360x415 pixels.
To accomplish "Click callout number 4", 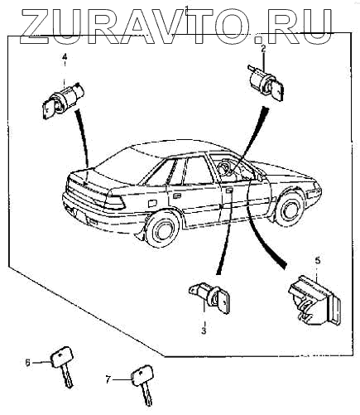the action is tap(65, 57).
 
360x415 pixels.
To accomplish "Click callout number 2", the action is tap(263, 49).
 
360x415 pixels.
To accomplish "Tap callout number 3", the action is tap(204, 331).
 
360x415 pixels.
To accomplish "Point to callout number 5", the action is tap(318, 260).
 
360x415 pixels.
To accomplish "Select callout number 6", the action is tap(27, 362).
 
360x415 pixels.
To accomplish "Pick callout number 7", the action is tap(108, 380).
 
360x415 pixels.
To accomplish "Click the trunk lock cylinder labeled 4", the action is tap(63, 99).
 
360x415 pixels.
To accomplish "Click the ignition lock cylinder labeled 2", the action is tap(266, 81).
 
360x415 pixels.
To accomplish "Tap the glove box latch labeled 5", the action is tap(314, 300).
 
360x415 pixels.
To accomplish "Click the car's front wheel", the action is tap(289, 209).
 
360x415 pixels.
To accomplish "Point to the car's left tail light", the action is tap(115, 202).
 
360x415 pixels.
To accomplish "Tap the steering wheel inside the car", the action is tap(223, 168).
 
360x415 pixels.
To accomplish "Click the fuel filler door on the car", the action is tap(152, 203).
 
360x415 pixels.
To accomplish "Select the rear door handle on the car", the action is tap(175, 196).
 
